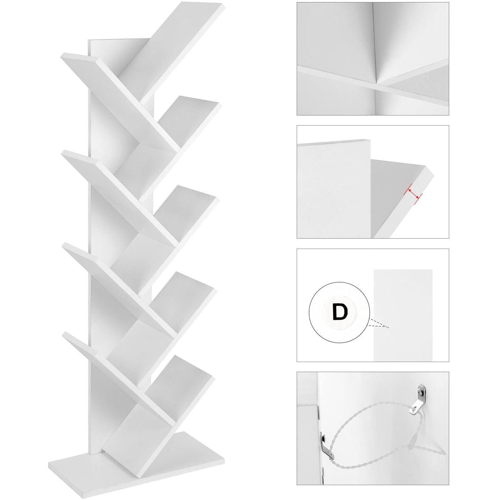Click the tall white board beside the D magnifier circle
(x=403, y=315)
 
